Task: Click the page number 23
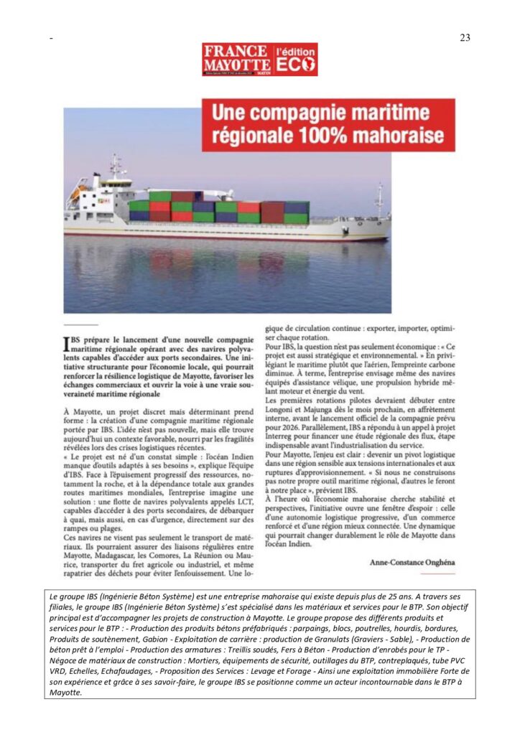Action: tap(465, 38)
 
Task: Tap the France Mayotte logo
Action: tap(236, 59)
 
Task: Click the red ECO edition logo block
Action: tap(296, 59)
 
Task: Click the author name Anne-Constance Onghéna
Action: tap(412, 562)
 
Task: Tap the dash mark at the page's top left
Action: tap(51, 38)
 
